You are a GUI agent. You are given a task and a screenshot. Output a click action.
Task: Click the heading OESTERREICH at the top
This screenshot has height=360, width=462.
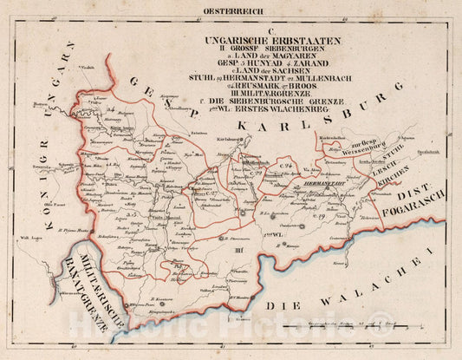(233, 10)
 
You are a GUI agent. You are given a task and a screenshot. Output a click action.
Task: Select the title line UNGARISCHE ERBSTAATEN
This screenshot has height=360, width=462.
(272, 41)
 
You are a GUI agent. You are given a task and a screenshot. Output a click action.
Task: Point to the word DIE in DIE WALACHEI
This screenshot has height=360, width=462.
(282, 308)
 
